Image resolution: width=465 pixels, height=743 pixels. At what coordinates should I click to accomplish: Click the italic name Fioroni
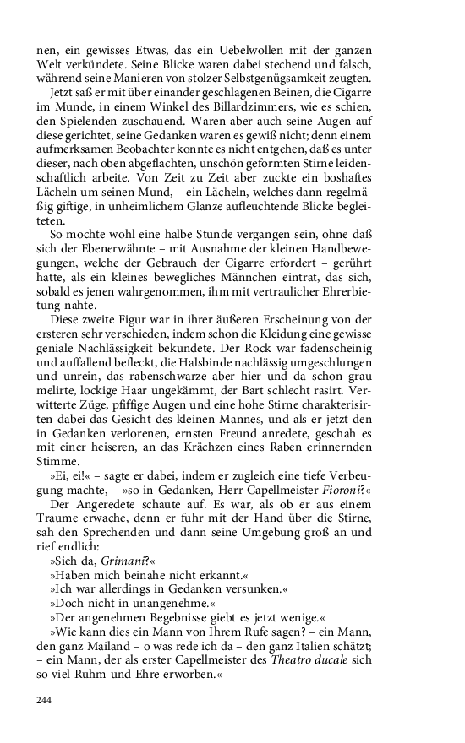(342, 488)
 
